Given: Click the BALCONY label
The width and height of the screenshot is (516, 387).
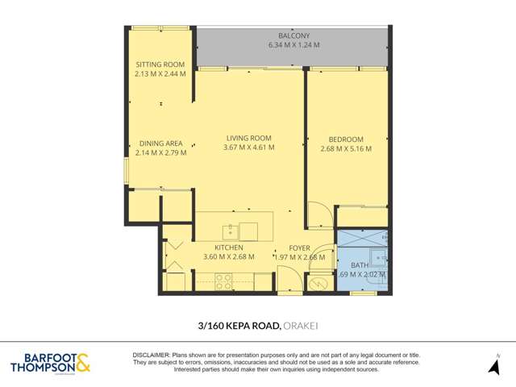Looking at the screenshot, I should (x=293, y=36).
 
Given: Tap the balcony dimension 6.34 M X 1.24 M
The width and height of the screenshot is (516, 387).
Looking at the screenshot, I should (x=293, y=46).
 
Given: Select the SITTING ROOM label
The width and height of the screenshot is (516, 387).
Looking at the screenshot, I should (x=160, y=64).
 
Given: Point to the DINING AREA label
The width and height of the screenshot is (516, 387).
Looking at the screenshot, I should (x=160, y=144).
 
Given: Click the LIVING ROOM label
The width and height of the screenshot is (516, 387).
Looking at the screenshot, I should (x=248, y=138).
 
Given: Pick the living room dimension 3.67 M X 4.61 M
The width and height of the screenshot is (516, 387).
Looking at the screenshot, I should (x=248, y=148).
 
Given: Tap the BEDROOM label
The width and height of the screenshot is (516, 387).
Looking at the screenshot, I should (x=347, y=138).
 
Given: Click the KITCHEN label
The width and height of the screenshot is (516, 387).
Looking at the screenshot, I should (x=229, y=248).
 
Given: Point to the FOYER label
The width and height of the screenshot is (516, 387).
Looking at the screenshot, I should (x=300, y=248).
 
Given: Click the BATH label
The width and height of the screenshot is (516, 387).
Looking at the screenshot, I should (x=360, y=264).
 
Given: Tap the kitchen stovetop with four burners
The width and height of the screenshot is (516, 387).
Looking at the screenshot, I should (x=223, y=281).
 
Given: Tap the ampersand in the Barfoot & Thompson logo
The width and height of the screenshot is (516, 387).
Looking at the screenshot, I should (x=83, y=364).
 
